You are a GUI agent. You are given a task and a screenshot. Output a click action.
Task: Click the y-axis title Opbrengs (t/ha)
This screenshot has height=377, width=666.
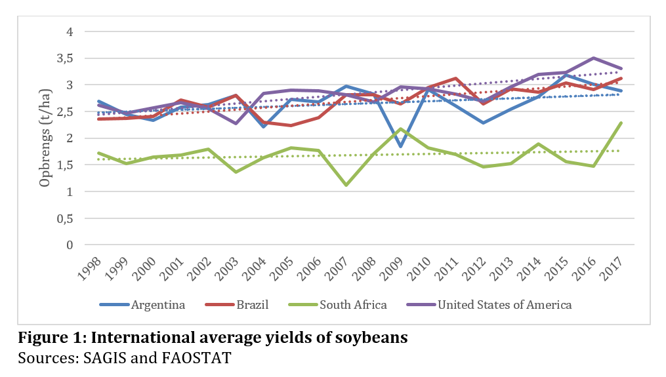(45, 138)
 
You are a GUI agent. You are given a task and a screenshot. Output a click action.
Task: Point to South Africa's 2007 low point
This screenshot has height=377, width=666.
(346, 185)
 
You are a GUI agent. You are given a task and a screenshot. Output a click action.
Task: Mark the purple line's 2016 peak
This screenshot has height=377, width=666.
(594, 58)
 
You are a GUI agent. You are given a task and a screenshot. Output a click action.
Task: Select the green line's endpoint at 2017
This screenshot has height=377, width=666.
(621, 123)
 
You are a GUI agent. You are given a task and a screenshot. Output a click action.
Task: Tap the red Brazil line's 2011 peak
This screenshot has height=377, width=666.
(455, 78)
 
